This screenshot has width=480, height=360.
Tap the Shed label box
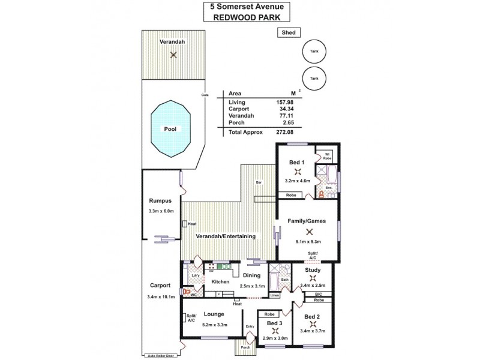(289, 33)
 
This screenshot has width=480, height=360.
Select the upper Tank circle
(314, 52)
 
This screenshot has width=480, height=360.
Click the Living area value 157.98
(284, 103)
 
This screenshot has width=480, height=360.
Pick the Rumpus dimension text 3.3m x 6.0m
(160, 211)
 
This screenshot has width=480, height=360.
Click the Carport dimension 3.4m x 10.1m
(160, 296)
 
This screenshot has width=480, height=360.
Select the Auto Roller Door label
(161, 355)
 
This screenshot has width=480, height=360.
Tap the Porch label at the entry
(245, 347)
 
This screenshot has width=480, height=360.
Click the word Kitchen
(221, 281)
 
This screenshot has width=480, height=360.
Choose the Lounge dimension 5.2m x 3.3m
(214, 324)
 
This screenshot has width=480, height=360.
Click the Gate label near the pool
(205, 95)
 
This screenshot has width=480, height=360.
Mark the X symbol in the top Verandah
(173, 55)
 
